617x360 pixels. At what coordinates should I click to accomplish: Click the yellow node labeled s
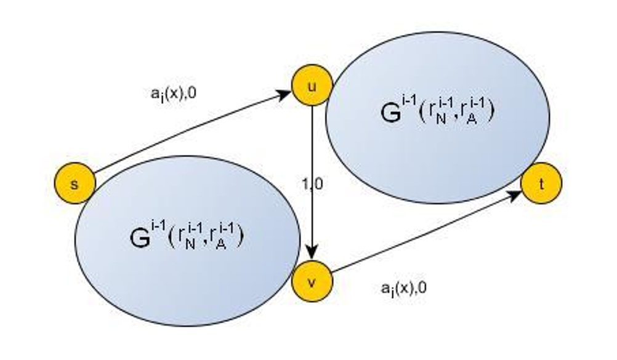(75, 183)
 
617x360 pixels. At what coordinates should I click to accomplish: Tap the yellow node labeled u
(312, 86)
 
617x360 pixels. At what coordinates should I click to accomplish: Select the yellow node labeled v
(312, 282)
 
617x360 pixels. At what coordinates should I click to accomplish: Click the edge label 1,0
(312, 184)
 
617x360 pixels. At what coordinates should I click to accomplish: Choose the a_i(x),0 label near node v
(404, 289)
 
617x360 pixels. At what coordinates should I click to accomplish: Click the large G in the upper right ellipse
(391, 114)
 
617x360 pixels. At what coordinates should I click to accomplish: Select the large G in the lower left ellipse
(140, 237)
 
